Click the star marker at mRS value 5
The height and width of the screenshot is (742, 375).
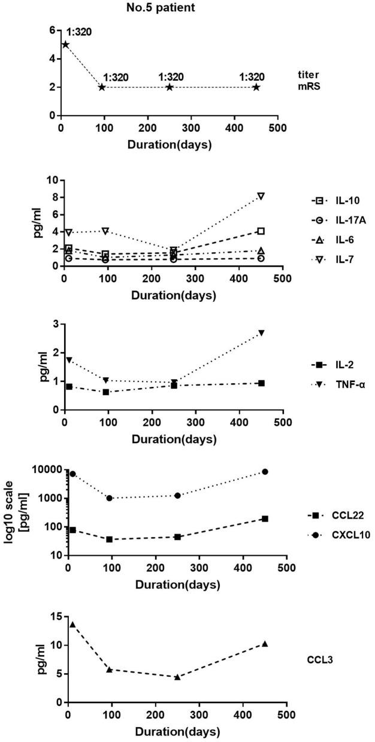[65, 44]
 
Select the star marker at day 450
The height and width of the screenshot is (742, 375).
[256, 87]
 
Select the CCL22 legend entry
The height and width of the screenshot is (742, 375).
[335, 515]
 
